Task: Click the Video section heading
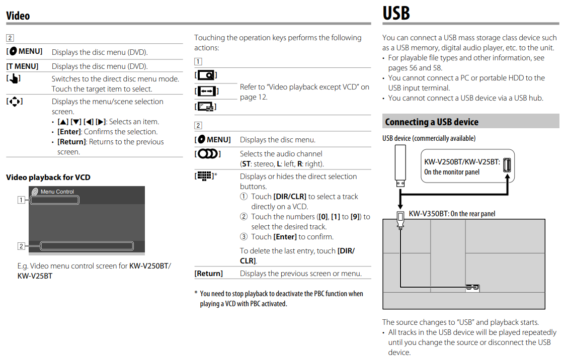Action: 18,16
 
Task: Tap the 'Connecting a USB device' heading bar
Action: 432,122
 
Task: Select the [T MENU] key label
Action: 22,66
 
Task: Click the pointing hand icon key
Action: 14,78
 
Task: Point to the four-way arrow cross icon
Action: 14,102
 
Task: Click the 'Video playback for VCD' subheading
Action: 48,177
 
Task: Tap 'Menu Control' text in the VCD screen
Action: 57,192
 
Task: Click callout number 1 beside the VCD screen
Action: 21,200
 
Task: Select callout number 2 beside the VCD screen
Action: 21,246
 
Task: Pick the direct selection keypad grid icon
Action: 204,176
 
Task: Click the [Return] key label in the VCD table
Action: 209,274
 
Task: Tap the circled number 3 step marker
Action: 244,237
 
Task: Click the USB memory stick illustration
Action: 400,165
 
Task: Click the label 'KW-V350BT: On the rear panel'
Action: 452,214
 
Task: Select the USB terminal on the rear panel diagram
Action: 472,288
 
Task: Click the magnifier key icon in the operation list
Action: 206,75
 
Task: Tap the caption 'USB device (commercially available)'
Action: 429,138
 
